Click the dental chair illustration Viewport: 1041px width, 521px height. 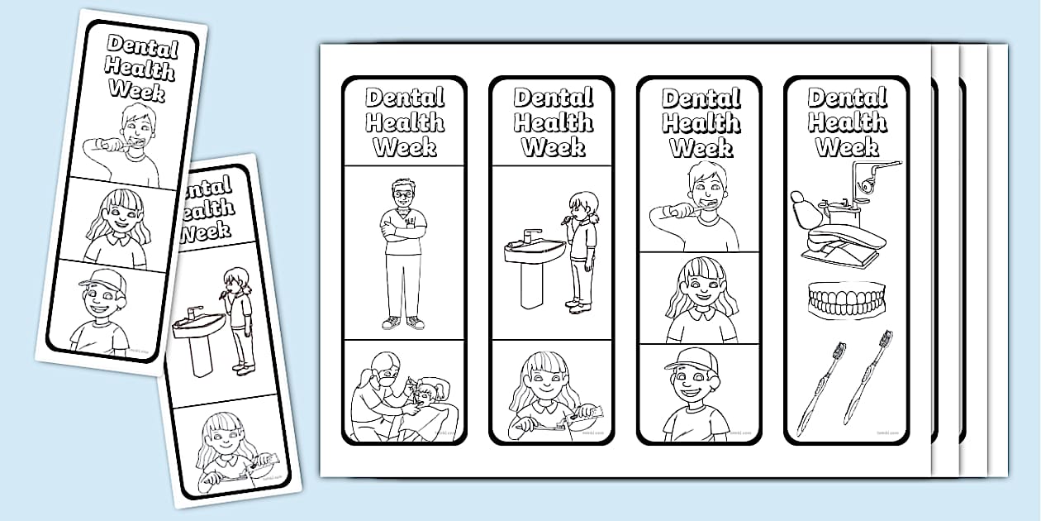click(836, 227)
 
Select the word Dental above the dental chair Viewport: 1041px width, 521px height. click(847, 98)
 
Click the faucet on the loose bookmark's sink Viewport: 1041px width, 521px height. click(193, 313)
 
